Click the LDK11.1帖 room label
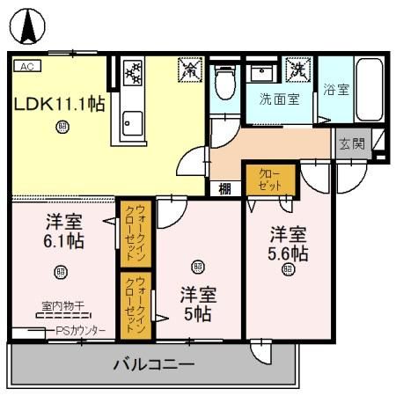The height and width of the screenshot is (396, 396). pos(59,104)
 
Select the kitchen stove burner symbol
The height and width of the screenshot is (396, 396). pos(133,74)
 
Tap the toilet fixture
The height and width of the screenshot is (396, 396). pos(225,81)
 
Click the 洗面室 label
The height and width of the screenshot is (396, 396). pos(277,99)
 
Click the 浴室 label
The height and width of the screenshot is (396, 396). pos(334,89)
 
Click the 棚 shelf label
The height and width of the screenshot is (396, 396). pos(225,187)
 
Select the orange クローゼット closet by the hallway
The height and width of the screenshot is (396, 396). pos(270,181)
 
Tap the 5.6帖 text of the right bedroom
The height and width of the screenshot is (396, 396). pos(288,253)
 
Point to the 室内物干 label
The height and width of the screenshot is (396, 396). pos(62,306)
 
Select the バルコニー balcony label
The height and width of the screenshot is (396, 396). pos(153,364)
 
